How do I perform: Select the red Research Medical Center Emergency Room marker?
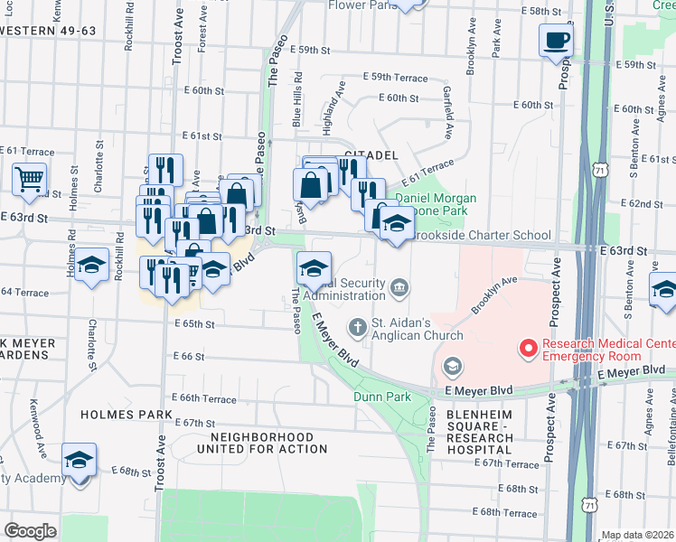click(x=526, y=347)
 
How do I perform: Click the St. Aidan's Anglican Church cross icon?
click(x=359, y=326)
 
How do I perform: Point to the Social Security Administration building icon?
click(x=400, y=288)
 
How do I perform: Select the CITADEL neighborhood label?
click(x=371, y=155)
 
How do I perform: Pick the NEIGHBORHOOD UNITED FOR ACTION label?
click(x=242, y=444)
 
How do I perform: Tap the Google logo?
click(x=30, y=531)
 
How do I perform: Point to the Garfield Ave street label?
click(x=446, y=113)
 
